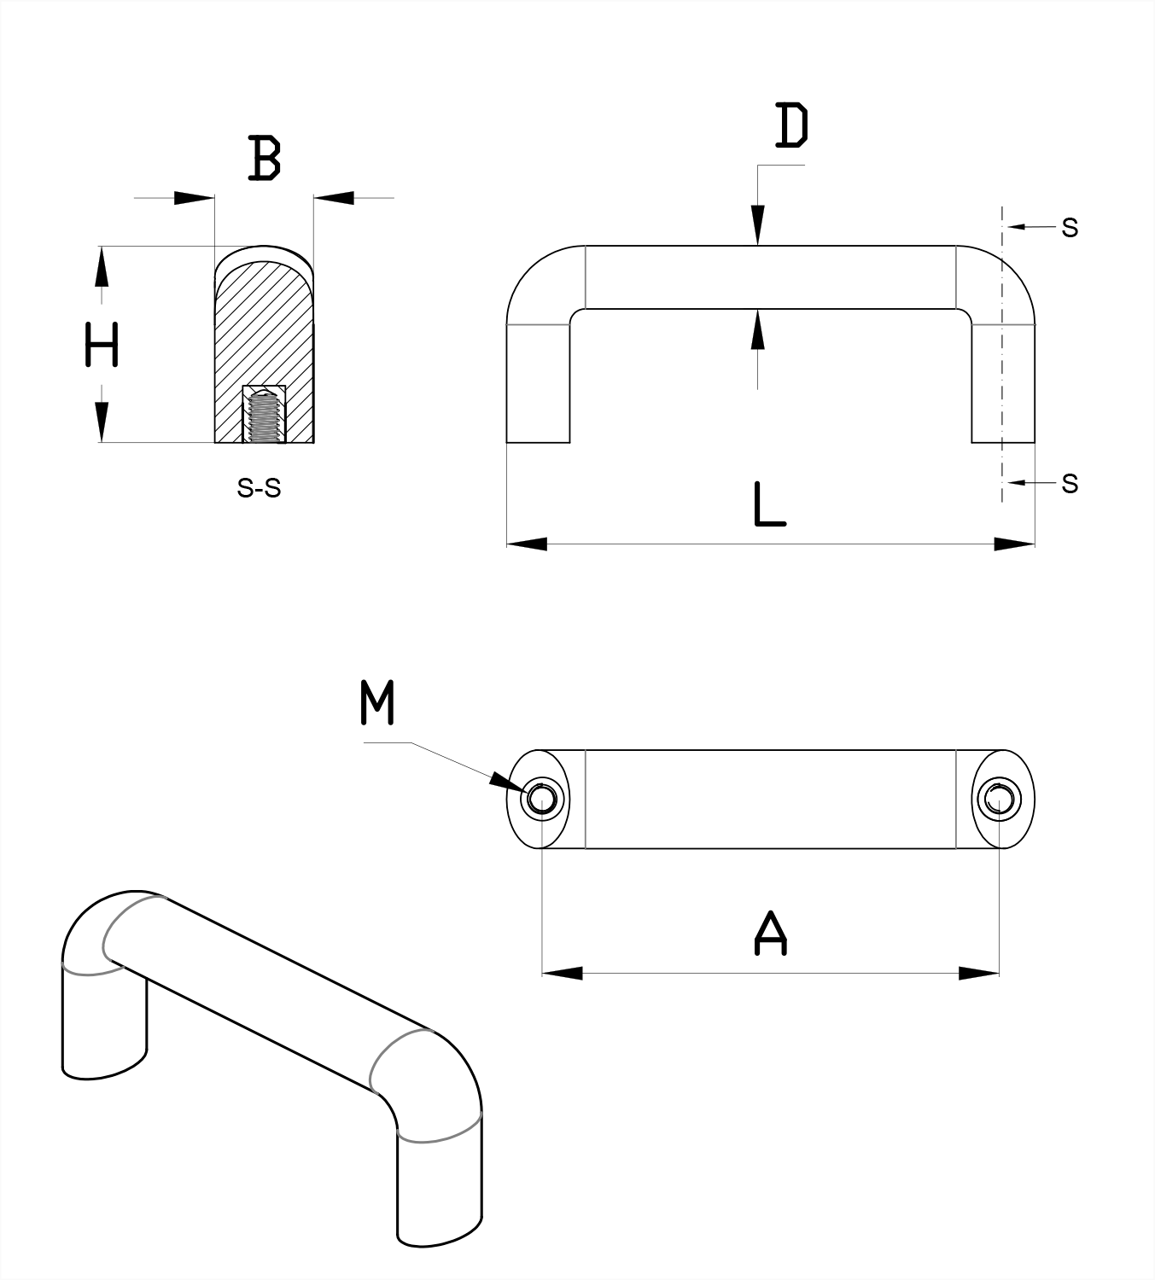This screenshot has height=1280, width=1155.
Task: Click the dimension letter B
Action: (265, 158)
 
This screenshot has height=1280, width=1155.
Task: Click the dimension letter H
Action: (102, 345)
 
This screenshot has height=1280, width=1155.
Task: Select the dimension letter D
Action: (791, 125)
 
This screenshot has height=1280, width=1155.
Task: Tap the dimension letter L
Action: (769, 504)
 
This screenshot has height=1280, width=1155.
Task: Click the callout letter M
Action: (377, 703)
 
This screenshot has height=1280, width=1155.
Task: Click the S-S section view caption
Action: (259, 489)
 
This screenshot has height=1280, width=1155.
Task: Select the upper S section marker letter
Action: (1070, 228)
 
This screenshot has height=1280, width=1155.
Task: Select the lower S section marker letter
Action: (1070, 484)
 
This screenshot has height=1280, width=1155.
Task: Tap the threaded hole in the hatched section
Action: (264, 416)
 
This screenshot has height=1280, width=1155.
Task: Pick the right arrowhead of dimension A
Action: (979, 973)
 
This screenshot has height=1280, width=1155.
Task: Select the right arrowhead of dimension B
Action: (334, 198)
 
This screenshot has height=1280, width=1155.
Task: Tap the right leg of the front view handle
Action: (1003, 384)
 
